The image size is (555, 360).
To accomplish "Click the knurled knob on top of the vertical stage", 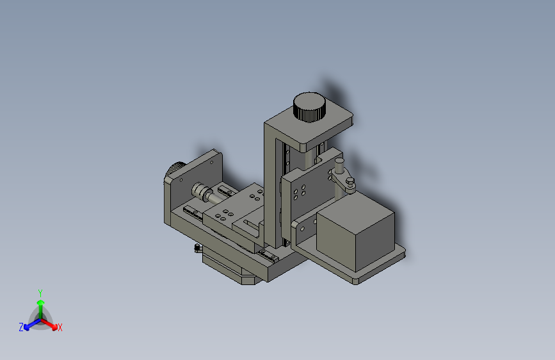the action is coord(309,107).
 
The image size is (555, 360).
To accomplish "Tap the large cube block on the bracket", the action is coord(355,233).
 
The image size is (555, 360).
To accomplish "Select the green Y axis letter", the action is coord(40,293).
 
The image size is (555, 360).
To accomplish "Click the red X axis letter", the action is coord(60,327).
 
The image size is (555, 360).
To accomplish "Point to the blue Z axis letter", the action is coord(21,327).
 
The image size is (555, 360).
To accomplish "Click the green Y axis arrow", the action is coord(41,311).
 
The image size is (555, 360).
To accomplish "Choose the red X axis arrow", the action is coord(49,325).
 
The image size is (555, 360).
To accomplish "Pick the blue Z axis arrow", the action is coord(32,325).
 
